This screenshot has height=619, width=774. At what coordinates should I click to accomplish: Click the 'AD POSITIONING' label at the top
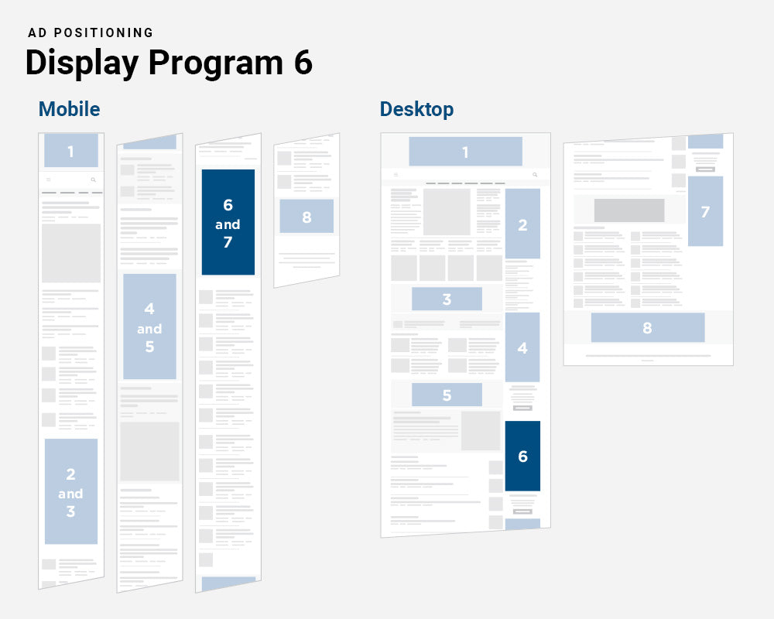tap(91, 32)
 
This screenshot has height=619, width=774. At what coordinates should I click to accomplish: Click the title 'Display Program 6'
tap(169, 63)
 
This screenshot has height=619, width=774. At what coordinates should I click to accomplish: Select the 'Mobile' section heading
tap(70, 109)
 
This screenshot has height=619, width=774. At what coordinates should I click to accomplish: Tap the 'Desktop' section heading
tap(416, 109)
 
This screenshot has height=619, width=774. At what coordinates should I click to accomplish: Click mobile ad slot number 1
tap(70, 151)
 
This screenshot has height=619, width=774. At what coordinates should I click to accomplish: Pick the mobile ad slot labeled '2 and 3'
tap(70, 492)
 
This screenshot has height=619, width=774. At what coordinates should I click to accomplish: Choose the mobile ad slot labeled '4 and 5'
tap(149, 327)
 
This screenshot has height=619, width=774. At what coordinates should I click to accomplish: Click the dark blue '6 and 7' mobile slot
tap(228, 223)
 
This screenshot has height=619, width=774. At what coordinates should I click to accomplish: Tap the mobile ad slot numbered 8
tap(307, 217)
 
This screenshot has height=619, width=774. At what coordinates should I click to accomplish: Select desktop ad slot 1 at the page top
tap(465, 152)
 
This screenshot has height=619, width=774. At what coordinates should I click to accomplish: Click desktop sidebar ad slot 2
tap(522, 224)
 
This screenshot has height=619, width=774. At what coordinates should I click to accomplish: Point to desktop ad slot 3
tap(447, 299)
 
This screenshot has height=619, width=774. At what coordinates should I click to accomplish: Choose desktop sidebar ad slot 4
tap(522, 347)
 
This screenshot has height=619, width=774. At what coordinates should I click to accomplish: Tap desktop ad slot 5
tap(447, 395)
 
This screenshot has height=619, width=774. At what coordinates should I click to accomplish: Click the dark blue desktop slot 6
tap(522, 457)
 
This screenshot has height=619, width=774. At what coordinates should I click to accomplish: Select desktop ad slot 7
tap(705, 211)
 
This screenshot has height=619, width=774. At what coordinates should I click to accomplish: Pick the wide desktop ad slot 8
tap(647, 327)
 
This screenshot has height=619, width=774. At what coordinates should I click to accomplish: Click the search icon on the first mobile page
tap(94, 180)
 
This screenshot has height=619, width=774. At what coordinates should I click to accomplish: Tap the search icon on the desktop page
tap(534, 175)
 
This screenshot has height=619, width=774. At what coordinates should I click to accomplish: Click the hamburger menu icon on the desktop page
tap(395, 175)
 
